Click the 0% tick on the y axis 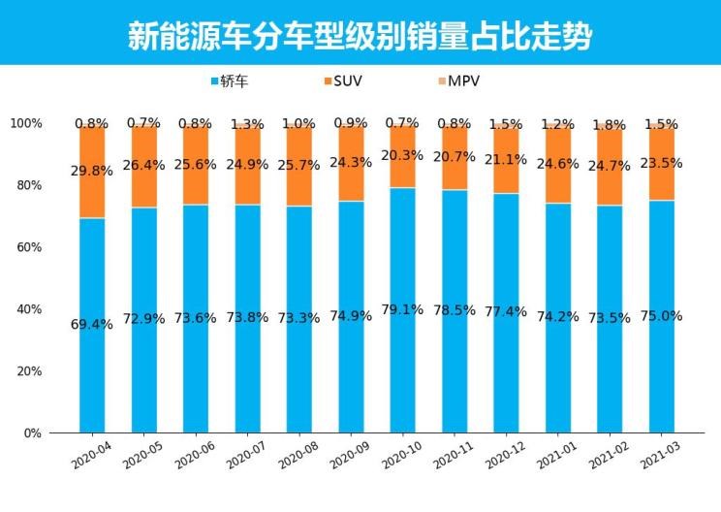pyautogui.click(x=32, y=432)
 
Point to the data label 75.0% pyautogui.click(x=662, y=316)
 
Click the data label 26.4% pyautogui.click(x=144, y=164)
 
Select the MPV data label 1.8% pyautogui.click(x=610, y=125)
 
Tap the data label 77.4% pyautogui.click(x=506, y=312)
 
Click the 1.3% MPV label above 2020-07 pyautogui.click(x=247, y=124)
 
